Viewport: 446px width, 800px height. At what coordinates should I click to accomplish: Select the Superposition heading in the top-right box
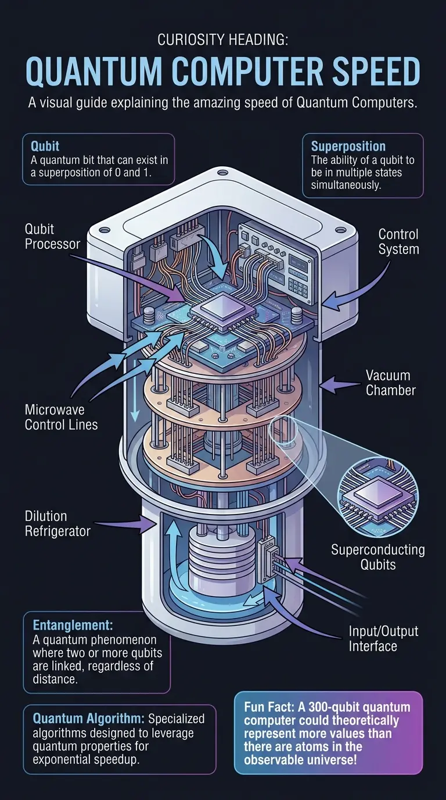coord(348,146)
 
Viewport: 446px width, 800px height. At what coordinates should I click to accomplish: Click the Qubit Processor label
coord(52,236)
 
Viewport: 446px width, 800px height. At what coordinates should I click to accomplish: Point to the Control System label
coord(398,242)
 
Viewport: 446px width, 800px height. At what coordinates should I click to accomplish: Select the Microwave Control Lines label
coord(61,417)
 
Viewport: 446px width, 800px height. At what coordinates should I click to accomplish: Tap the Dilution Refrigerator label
coord(57,523)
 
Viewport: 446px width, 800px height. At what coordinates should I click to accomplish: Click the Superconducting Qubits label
coord(377,556)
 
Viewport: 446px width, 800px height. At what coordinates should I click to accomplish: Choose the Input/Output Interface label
coord(384,638)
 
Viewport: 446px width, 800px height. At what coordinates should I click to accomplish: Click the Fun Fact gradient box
coord(328,733)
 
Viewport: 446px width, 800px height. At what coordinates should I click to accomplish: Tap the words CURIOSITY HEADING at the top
coord(223,41)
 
